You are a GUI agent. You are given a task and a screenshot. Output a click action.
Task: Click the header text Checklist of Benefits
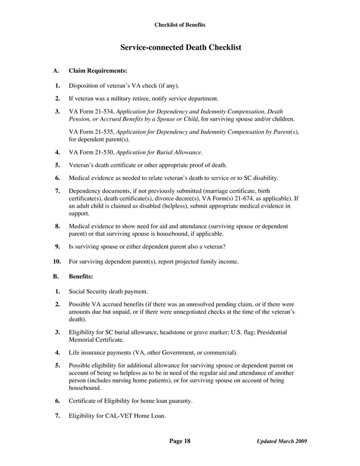[180, 25]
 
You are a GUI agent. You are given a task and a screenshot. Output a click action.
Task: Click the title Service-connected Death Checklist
[181, 47]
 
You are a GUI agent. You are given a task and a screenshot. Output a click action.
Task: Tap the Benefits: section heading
[81, 277]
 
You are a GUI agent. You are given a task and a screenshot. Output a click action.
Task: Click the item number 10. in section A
[56, 262]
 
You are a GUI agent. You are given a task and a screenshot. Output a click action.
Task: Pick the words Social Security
[89, 292]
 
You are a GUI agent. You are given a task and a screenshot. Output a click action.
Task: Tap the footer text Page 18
[180, 441]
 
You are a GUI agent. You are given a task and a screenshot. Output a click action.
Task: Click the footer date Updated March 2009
[282, 441]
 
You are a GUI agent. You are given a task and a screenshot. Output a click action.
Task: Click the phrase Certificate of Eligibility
[100, 401]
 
